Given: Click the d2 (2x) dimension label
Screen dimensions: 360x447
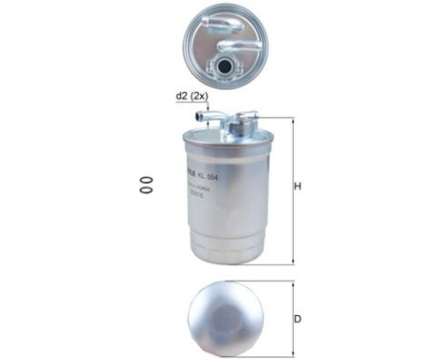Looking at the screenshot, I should (x=191, y=96).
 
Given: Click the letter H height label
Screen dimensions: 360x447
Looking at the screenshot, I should (x=298, y=186).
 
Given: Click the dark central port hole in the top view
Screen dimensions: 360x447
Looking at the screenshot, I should (x=226, y=67).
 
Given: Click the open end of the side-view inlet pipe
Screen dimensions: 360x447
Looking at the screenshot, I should (x=200, y=118).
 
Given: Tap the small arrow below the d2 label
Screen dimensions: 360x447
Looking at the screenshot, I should (x=204, y=107).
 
